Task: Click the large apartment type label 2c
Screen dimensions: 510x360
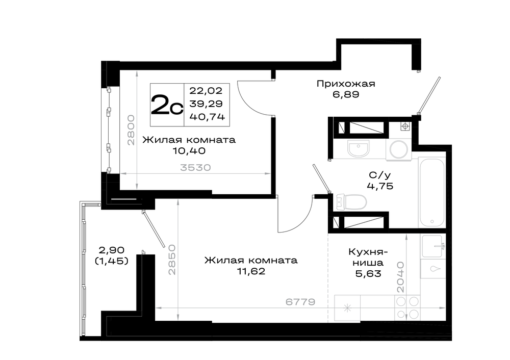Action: click(x=167, y=105)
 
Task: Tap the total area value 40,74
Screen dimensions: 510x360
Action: click(x=207, y=117)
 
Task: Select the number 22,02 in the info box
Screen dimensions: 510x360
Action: click(x=206, y=90)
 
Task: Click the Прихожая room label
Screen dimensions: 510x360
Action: click(x=346, y=84)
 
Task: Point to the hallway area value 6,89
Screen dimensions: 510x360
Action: click(x=346, y=95)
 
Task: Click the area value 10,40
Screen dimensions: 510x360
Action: click(x=189, y=151)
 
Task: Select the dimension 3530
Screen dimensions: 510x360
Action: click(x=195, y=168)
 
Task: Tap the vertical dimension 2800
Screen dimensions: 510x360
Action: click(x=131, y=130)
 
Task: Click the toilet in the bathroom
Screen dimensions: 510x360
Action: click(x=351, y=201)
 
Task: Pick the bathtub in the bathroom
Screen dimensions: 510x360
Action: click(x=431, y=193)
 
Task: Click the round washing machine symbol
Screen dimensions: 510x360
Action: click(x=399, y=150)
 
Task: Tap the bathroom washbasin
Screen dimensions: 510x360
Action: click(x=359, y=148)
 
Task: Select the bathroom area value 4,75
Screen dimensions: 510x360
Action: click(x=380, y=186)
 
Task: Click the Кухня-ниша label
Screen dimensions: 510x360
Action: click(x=368, y=257)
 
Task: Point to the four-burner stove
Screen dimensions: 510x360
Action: click(x=407, y=307)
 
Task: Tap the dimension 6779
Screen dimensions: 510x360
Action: click(x=300, y=302)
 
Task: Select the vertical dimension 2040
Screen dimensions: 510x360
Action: click(x=400, y=277)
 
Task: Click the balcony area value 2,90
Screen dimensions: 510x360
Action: click(x=111, y=250)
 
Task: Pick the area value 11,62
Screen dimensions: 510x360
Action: click(x=251, y=271)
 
